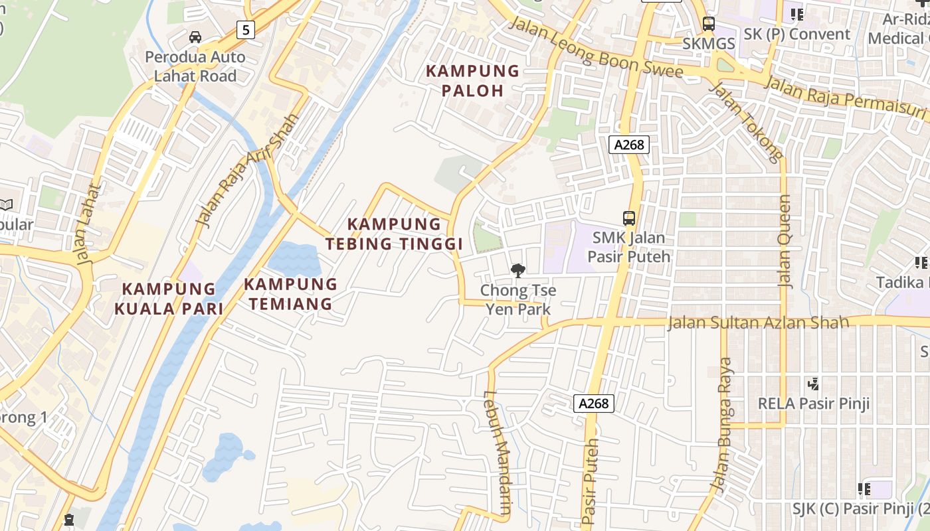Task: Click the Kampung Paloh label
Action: click(x=472, y=80)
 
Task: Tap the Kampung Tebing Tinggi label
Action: click(x=394, y=234)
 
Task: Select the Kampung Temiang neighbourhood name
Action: click(x=290, y=294)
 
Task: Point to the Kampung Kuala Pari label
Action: click(x=169, y=299)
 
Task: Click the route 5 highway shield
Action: click(x=246, y=29)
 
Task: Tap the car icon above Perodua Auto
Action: click(x=195, y=37)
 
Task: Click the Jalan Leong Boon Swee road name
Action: click(x=595, y=48)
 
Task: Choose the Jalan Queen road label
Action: click(x=785, y=241)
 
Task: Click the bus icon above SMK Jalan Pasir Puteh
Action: click(x=628, y=218)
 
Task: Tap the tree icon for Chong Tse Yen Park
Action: click(x=517, y=270)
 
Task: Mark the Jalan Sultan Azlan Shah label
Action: click(x=758, y=323)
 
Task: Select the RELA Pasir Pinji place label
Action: click(x=814, y=404)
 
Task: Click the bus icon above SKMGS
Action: click(x=709, y=24)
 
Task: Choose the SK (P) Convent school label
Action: click(x=797, y=35)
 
